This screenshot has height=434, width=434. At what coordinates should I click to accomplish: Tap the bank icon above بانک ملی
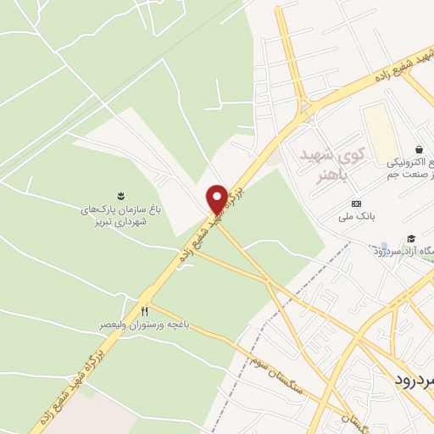[x=355, y=204]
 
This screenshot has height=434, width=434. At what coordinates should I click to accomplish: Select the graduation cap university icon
[x=411, y=240]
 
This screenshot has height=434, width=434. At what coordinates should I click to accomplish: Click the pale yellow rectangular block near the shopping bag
[x=382, y=136]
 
